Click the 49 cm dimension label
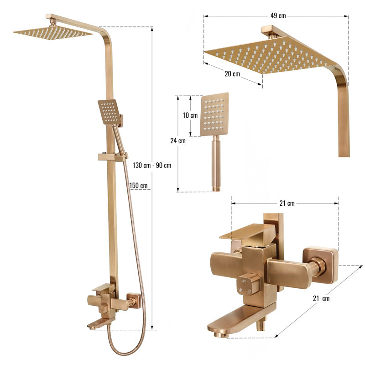(x=278, y=16)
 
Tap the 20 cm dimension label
(x=232, y=74)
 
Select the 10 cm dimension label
(x=190, y=115)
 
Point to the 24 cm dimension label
(x=178, y=141)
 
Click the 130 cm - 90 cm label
(x=152, y=165)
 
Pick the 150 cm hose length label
(x=138, y=186)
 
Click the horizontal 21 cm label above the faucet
(x=287, y=203)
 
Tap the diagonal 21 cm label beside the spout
(x=321, y=298)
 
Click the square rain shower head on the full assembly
(x=53, y=32)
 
